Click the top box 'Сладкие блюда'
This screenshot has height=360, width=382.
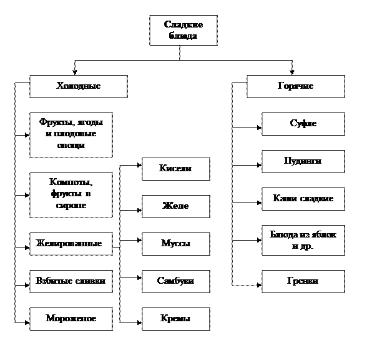tap(183, 30)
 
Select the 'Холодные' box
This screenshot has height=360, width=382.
tap(78, 86)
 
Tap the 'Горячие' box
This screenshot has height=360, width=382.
tap(295, 86)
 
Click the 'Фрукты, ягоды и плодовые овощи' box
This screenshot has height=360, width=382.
tap(71, 134)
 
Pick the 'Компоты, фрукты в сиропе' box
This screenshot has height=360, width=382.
tap(71, 194)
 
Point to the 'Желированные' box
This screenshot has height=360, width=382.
tap(71, 243)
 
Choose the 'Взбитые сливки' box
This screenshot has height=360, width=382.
tap(71, 281)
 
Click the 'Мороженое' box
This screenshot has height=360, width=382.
tap(71, 319)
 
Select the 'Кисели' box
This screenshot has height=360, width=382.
tap(175, 169)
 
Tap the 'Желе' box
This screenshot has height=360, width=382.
tap(175, 206)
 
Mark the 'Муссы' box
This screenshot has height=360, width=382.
tap(175, 244)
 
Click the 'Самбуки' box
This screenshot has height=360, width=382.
tap(175, 281)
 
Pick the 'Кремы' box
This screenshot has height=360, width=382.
tap(175, 319)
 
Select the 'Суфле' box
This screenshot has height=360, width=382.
tap(303, 124)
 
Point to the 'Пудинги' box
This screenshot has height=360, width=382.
tap(303, 161)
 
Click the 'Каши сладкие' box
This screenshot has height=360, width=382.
tap(303, 199)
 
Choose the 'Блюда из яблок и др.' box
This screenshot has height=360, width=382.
tap(303, 241)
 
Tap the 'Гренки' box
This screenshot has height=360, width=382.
tap(303, 281)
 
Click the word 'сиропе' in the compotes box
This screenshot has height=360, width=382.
tap(71, 205)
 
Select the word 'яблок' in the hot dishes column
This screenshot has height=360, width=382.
tap(324, 235)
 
